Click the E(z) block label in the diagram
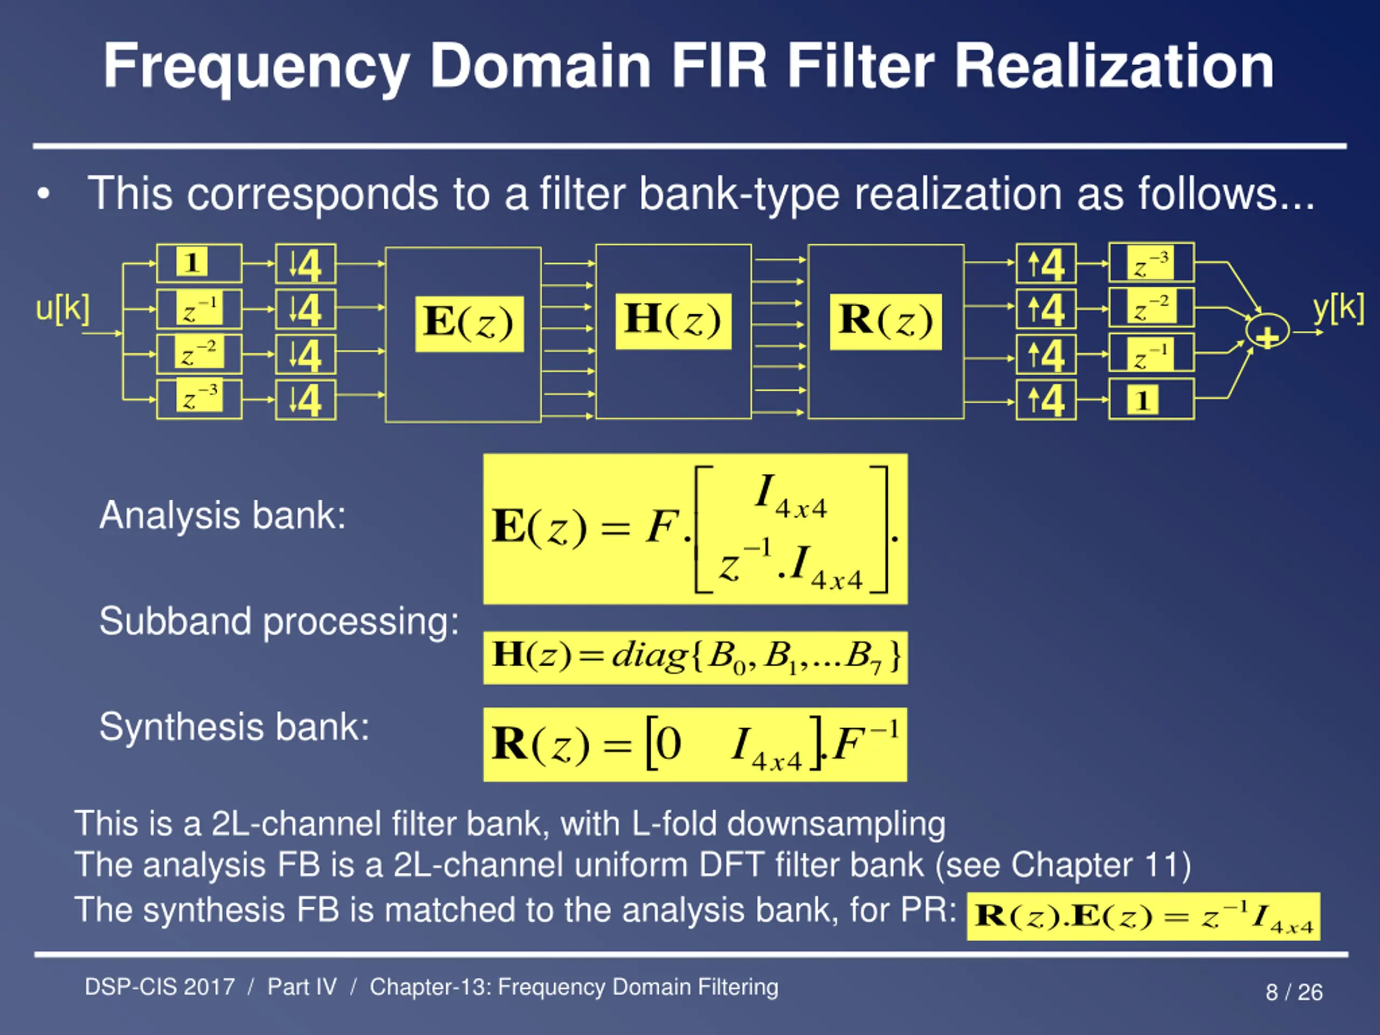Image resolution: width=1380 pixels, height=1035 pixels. [x=469, y=324]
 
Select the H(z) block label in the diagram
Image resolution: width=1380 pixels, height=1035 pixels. [x=673, y=321]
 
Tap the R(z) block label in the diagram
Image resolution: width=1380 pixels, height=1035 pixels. [x=885, y=321]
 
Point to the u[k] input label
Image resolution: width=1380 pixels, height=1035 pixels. [x=63, y=308]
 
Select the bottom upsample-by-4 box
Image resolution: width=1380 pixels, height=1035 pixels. [x=1046, y=399]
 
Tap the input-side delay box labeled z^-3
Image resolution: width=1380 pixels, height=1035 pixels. [x=199, y=399]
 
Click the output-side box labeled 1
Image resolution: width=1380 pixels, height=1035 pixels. [x=1151, y=399]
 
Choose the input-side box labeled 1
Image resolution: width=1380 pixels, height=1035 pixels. [x=199, y=263]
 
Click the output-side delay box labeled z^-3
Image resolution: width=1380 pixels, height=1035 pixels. [x=1151, y=263]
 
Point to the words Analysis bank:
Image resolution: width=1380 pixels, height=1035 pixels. [x=223, y=515]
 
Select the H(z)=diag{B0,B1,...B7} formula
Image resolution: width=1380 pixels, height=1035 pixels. [x=695, y=658]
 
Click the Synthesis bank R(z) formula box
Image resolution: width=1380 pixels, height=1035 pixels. [x=695, y=744]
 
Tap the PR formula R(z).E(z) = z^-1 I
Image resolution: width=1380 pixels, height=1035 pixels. [x=1143, y=916]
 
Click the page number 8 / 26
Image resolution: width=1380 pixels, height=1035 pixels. [x=1294, y=992]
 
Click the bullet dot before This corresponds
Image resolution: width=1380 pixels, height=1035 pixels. [x=43, y=195]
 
